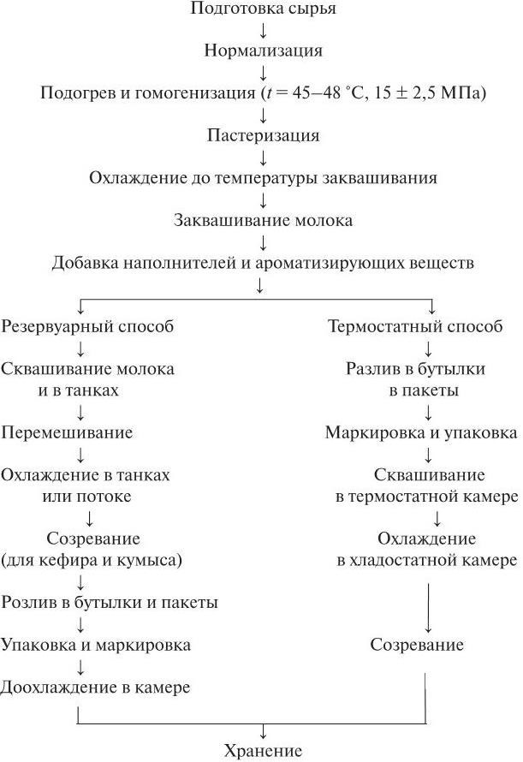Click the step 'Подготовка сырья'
click(x=263, y=9)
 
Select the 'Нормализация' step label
click(x=263, y=51)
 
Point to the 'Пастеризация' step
click(x=263, y=135)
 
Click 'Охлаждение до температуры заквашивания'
click(x=263, y=178)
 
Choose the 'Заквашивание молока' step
click(x=263, y=220)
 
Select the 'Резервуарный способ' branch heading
click(x=87, y=326)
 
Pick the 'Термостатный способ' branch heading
click(x=416, y=326)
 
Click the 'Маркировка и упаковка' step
click(x=421, y=432)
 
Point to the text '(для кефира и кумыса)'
click(x=93, y=560)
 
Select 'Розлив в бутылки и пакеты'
click(x=110, y=602)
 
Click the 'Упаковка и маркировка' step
click(x=96, y=645)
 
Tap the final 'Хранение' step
click(x=263, y=752)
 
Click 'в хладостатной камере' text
click(x=426, y=560)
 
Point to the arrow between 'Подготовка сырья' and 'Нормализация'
click(x=263, y=30)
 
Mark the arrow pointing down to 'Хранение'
click(x=263, y=731)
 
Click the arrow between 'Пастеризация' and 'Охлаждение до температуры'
click(x=263, y=157)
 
